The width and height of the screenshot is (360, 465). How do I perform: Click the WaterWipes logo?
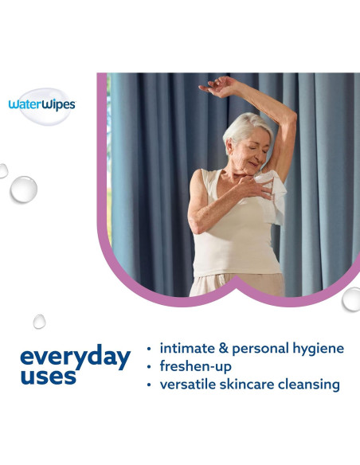[x=42, y=104]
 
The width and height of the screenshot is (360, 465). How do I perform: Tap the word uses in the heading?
[x=48, y=376]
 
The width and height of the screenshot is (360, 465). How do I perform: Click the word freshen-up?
[x=202, y=366]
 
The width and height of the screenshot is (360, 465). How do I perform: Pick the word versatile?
[x=193, y=385]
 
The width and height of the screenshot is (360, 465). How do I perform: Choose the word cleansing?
[x=314, y=385]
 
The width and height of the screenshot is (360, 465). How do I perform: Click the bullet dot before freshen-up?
[x=150, y=367]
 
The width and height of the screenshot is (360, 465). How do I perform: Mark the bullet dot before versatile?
[x=150, y=385]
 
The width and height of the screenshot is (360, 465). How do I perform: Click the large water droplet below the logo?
[x=23, y=189]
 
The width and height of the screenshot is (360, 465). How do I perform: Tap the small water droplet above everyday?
[x=39, y=321]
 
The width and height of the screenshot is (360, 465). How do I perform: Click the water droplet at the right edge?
[x=351, y=299]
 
